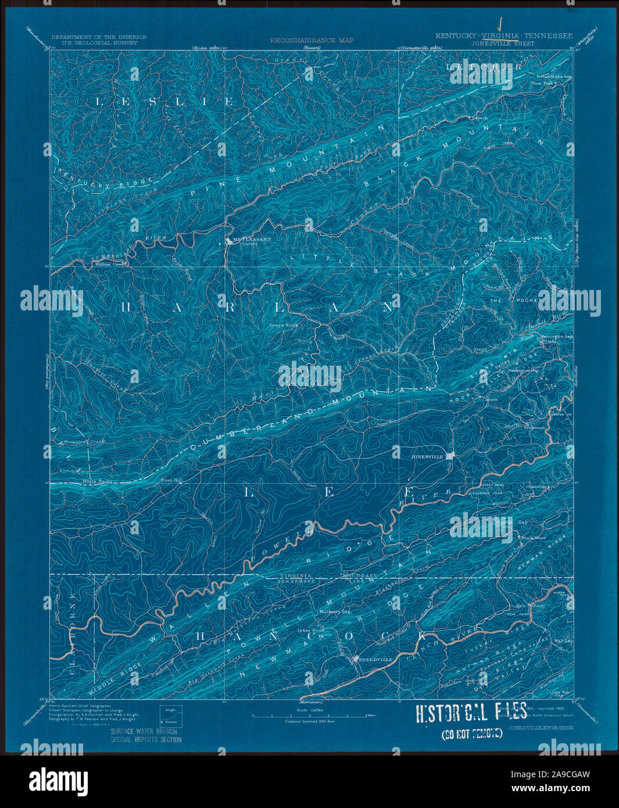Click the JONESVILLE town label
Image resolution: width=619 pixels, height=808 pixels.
427,457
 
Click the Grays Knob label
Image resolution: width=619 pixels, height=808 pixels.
284,325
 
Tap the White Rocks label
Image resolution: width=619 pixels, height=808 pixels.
96,481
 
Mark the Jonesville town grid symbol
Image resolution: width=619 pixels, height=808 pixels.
450,457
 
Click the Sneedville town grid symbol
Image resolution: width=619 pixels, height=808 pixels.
356,659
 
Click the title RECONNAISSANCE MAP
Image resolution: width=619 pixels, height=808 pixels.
311,41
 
